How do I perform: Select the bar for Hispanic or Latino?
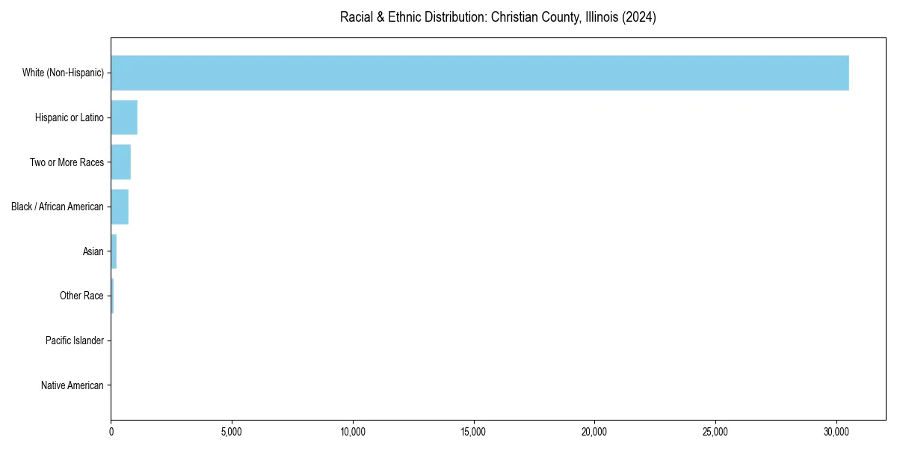(124, 117)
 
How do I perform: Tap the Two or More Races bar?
(121, 162)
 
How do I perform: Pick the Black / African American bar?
(120, 207)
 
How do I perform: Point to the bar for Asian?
(114, 251)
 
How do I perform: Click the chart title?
(498, 17)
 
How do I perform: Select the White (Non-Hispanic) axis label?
(63, 73)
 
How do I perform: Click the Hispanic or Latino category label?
(69, 117)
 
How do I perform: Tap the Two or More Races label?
(67, 162)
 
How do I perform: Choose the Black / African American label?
(58, 207)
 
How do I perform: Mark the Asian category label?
(93, 251)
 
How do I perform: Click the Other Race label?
(81, 296)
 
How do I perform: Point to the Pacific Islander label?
(74, 340)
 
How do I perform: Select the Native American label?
(72, 385)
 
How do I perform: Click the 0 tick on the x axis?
(111, 432)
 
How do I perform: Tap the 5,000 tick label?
(232, 432)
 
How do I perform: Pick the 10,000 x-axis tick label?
(353, 432)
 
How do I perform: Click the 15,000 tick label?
(474, 432)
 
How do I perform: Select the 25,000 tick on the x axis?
(715, 432)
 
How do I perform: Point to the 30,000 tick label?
(836, 432)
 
